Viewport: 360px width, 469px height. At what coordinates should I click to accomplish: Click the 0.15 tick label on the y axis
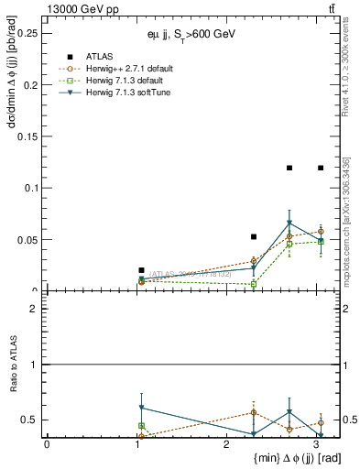28,136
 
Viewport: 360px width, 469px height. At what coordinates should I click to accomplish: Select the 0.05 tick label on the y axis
28,240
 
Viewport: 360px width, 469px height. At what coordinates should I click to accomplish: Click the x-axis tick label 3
315,443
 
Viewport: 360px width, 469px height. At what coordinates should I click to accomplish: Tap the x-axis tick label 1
136,443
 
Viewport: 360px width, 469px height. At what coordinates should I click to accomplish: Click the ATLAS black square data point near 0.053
254,236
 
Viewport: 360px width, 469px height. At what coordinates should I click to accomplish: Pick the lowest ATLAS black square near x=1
141,270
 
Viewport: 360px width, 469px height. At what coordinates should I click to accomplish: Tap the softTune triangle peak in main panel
289,223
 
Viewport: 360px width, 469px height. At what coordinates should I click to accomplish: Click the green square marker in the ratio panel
141,426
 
